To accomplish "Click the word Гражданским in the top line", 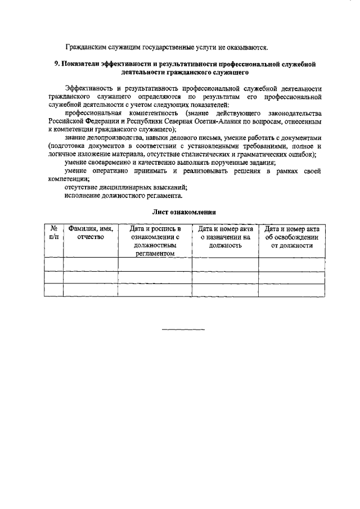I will [x=86, y=47].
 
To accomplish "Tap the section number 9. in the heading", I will [x=57, y=65].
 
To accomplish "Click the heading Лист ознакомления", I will [x=184, y=213].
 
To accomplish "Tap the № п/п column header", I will [x=54, y=233].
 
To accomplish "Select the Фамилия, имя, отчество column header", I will [x=91, y=233].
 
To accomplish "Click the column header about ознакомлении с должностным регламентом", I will [x=155, y=241].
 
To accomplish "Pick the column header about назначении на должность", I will [x=225, y=237].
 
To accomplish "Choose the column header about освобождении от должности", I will [x=292, y=237].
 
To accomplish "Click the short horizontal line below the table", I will [x=184, y=329].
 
